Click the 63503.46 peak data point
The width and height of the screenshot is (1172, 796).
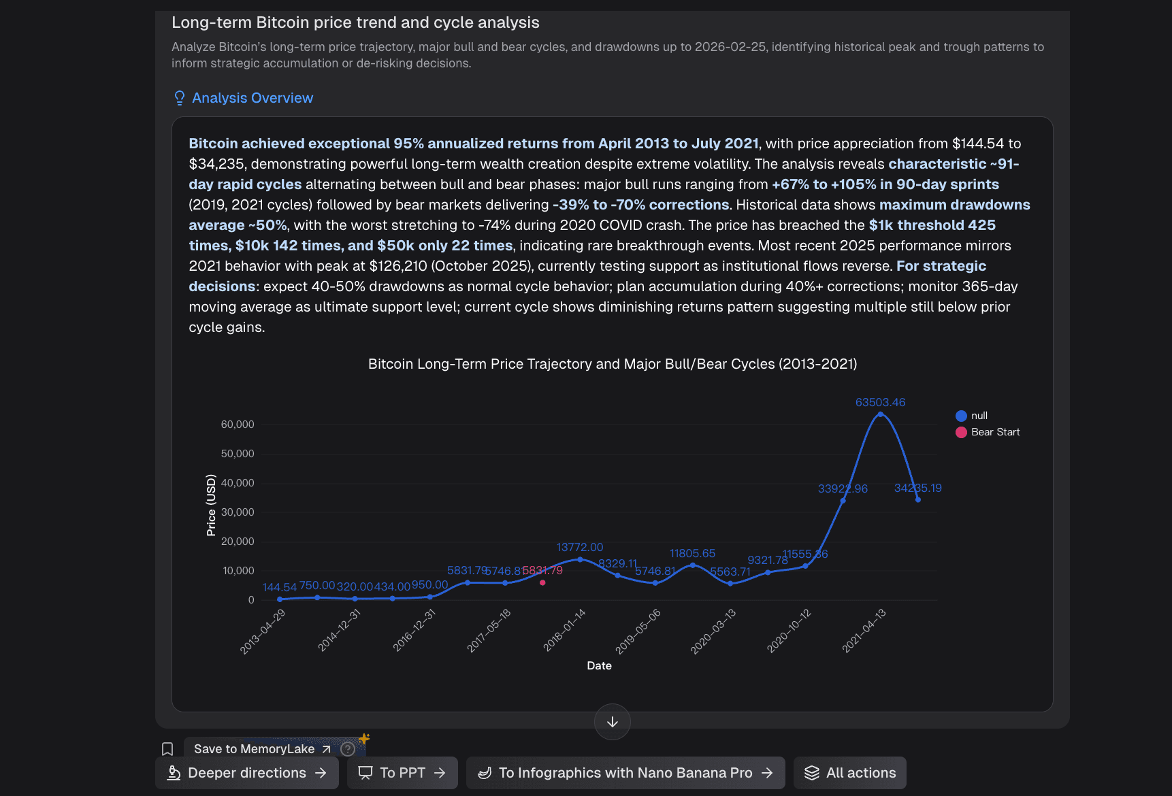point(880,414)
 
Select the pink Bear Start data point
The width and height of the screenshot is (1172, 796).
point(542,582)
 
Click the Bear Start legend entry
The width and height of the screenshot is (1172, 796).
point(988,432)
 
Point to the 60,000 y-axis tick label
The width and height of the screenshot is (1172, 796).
point(238,425)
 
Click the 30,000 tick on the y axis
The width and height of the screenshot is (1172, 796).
point(238,512)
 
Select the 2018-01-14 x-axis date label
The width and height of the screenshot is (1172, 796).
point(565,630)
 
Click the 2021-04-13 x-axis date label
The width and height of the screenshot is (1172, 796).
point(864,631)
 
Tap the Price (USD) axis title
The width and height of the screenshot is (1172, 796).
point(211,505)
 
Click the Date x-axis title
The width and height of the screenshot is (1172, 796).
point(599,665)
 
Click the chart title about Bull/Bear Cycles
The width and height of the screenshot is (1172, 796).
point(613,364)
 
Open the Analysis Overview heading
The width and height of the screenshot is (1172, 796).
point(253,98)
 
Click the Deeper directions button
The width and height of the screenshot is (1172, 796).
point(247,773)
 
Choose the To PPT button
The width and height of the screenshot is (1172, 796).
point(402,773)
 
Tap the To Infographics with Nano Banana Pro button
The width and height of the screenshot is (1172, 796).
point(625,773)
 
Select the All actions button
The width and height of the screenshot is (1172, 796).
point(850,773)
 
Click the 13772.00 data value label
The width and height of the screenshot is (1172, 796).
point(580,547)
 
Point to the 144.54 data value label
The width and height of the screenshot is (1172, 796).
point(280,587)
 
